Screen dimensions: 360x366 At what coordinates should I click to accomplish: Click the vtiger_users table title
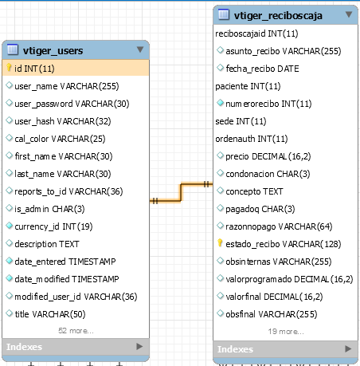click(53, 50)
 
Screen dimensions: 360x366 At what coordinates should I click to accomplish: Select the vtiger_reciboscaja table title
click(278, 16)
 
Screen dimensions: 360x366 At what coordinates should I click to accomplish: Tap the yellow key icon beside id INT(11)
click(9, 68)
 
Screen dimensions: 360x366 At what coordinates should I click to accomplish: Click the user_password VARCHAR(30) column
click(72, 104)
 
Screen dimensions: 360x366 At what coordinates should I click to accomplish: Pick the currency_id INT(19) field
click(53, 226)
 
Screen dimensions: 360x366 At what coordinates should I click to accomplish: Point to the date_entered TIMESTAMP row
click(65, 262)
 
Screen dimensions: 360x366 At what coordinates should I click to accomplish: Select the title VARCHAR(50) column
click(50, 314)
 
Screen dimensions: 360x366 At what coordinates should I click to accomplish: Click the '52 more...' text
click(76, 331)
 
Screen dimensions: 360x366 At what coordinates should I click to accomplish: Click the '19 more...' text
click(286, 332)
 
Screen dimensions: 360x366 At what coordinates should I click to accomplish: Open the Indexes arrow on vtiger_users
click(139, 346)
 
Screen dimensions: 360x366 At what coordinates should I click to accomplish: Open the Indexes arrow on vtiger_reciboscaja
click(348, 348)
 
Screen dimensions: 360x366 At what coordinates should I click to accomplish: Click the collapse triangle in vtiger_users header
click(140, 49)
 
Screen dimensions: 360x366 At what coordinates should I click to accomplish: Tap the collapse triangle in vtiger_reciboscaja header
click(349, 14)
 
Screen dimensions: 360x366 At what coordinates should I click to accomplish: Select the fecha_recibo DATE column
click(262, 69)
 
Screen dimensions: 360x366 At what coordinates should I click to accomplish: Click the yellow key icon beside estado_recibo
click(220, 243)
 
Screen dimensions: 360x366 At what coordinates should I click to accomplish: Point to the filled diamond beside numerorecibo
click(220, 103)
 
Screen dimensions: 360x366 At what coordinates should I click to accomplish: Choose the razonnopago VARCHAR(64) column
click(279, 226)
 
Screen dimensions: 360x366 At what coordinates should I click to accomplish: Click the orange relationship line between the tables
click(181, 192)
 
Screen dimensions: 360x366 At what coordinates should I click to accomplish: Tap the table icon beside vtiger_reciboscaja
click(224, 14)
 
